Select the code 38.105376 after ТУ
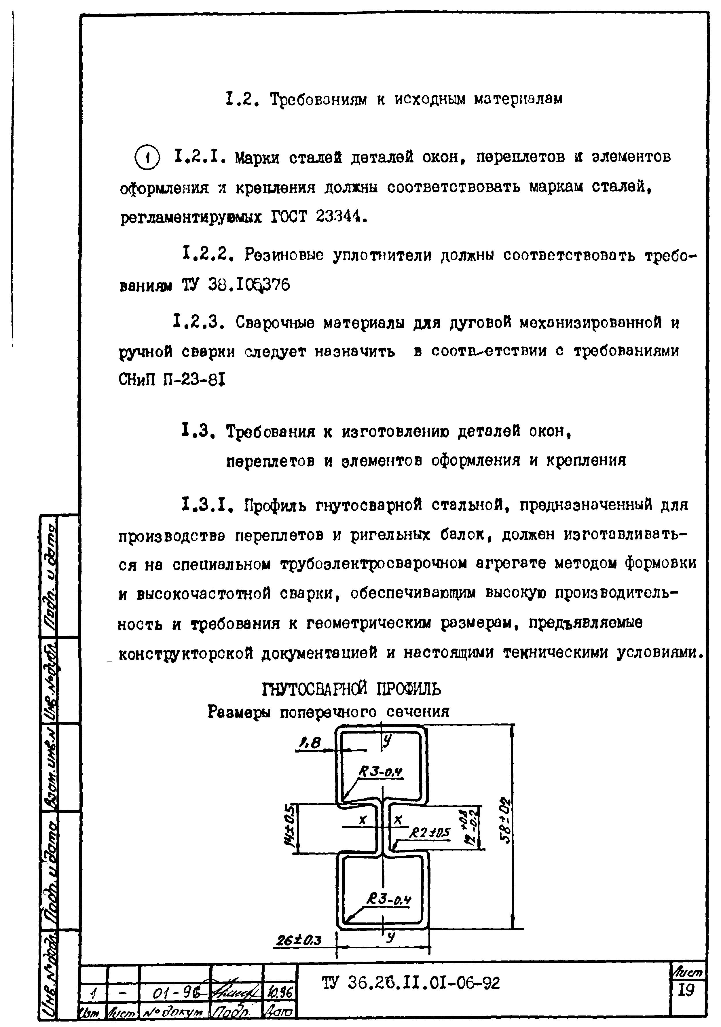pos(249,285)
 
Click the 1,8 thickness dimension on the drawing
pos(310,743)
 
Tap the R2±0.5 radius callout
pos(430,832)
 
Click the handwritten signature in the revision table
pos(237,992)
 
